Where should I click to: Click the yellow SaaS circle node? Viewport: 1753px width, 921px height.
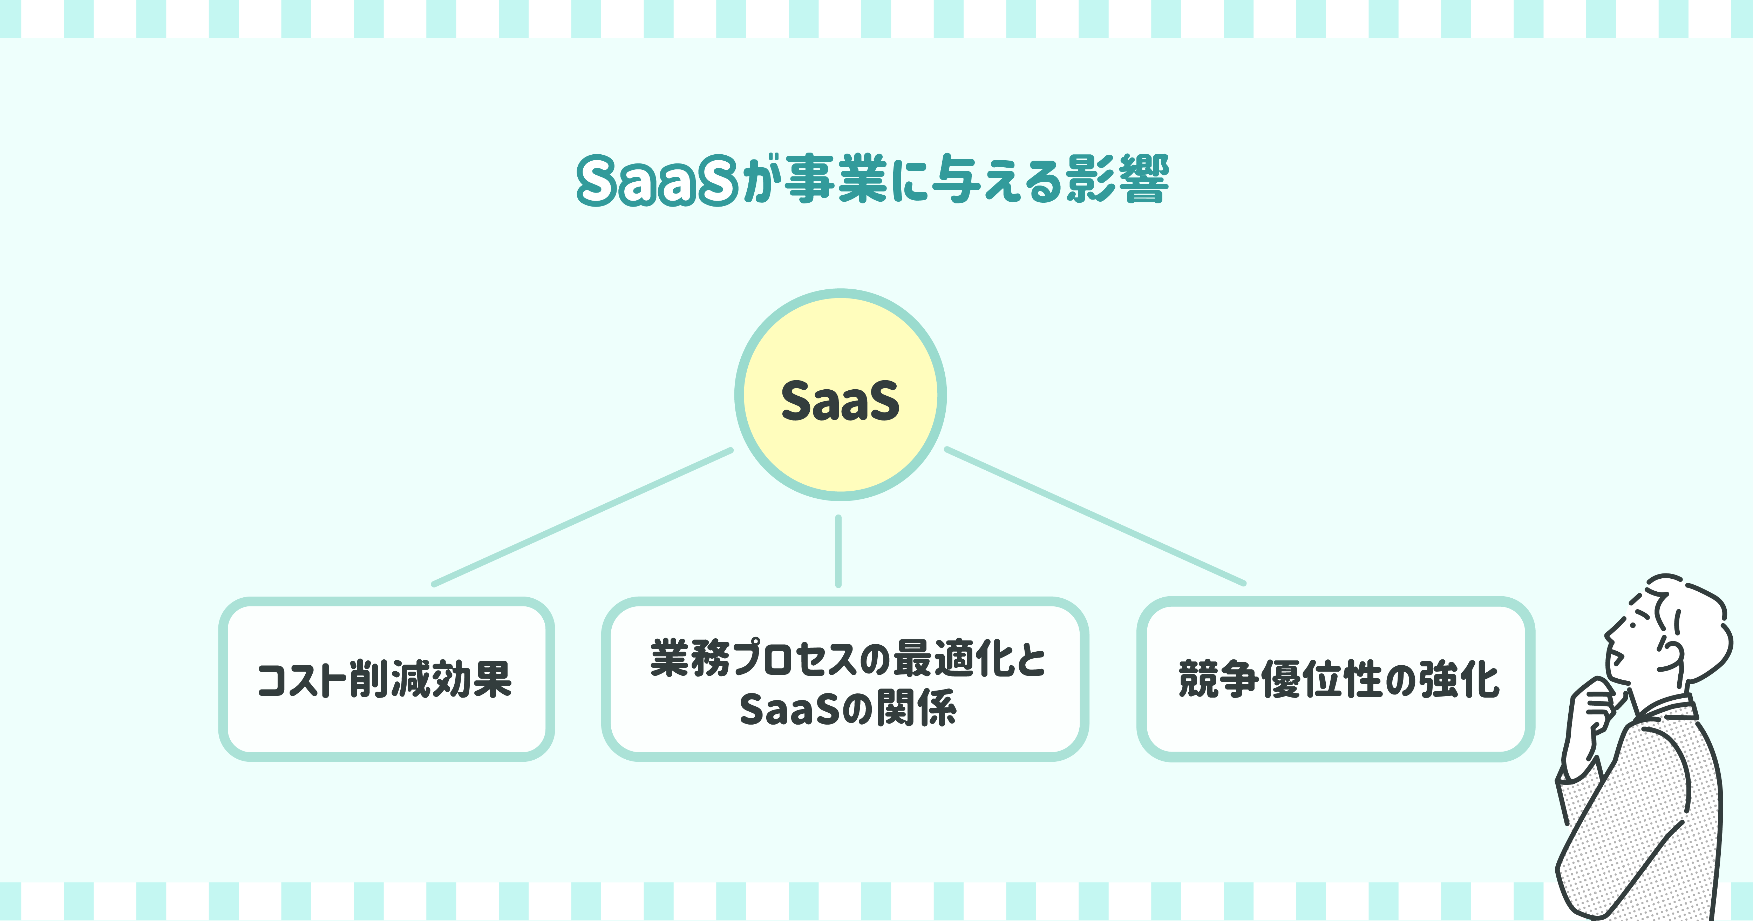coord(841,395)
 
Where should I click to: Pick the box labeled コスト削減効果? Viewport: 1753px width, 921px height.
coord(386,679)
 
